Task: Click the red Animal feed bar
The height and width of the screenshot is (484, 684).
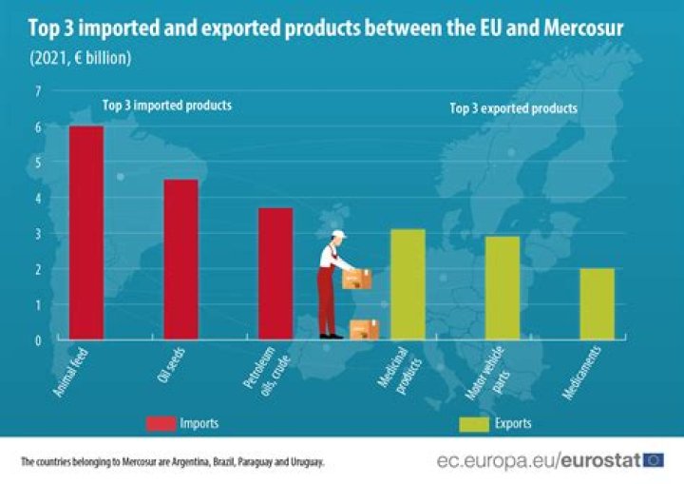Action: coord(86,232)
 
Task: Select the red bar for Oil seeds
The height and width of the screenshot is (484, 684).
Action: coord(180,259)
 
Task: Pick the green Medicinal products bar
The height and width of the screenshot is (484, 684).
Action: coord(408,283)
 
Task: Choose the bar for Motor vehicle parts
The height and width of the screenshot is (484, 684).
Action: coord(503,287)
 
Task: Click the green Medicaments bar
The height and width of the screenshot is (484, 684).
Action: coord(597,303)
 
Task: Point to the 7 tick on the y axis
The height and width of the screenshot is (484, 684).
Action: coord(39,91)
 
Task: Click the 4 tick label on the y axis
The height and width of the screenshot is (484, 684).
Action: coord(39,198)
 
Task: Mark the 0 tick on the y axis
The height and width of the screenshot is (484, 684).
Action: coord(39,339)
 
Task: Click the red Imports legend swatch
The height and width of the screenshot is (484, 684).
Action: coord(169,422)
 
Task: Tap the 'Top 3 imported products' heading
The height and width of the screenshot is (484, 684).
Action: coord(166,106)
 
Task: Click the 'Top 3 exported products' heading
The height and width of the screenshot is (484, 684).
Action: coord(513,108)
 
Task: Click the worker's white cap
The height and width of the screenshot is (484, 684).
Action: coord(339,234)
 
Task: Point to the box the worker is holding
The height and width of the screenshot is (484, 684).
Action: coord(357,279)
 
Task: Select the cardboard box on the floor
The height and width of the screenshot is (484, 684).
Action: coord(364,329)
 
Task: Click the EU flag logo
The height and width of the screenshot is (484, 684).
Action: coord(654,460)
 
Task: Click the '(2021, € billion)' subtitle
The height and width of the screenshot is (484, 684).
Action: coord(80,58)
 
